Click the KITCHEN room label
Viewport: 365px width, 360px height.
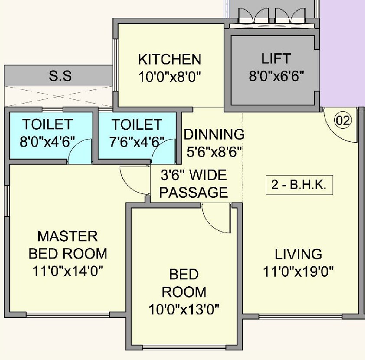[x=169, y=59]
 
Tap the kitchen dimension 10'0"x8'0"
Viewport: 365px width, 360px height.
[x=169, y=77]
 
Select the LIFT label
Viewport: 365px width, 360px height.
[x=276, y=59]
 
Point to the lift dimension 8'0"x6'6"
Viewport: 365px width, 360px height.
[x=276, y=76]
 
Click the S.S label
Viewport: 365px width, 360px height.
[x=60, y=77]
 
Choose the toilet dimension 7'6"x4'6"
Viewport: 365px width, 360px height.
[x=137, y=142]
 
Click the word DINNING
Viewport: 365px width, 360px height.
[x=214, y=134]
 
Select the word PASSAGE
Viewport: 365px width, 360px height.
[x=193, y=192]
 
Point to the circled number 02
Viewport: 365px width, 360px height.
[x=343, y=121]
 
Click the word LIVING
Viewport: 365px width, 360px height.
[x=299, y=254]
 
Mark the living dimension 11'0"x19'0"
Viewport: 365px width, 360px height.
[x=299, y=272]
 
